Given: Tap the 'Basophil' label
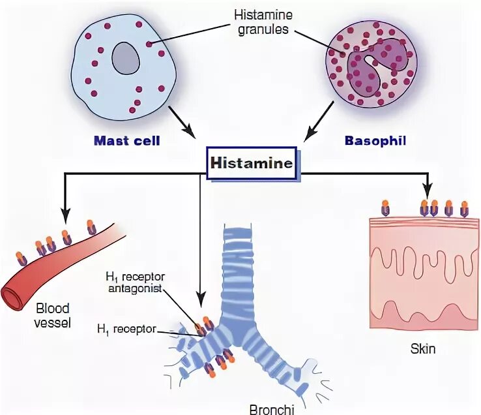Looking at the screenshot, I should pyautogui.click(x=370, y=140).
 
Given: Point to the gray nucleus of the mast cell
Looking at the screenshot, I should pyautogui.click(x=126, y=59).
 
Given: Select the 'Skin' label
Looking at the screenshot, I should pyautogui.click(x=423, y=350).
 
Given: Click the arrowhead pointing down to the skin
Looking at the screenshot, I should pyautogui.click(x=428, y=193).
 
